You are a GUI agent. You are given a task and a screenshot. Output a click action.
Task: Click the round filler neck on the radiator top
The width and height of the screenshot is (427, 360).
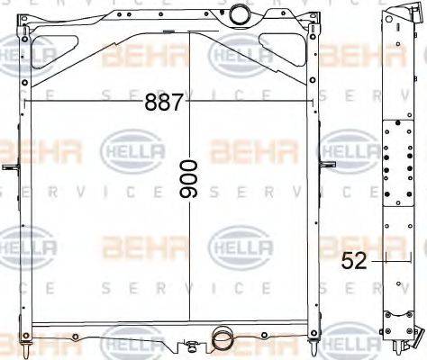coord(241,14)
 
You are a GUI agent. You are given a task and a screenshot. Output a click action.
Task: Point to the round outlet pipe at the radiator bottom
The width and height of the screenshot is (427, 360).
coord(221,339)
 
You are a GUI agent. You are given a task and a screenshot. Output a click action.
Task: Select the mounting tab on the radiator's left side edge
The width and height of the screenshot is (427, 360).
coord(10,168)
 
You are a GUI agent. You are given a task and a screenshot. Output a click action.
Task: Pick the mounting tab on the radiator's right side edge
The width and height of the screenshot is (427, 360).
coord(329,165)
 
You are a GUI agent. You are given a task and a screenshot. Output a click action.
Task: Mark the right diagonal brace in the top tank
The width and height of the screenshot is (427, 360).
coord(270,58)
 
